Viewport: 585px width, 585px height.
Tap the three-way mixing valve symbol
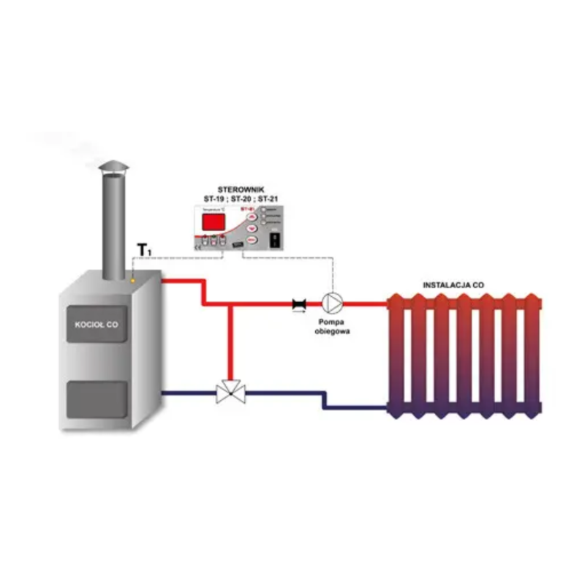[231, 395]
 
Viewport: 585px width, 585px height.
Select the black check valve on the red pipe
[299, 301]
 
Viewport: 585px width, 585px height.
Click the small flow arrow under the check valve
[299, 311]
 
